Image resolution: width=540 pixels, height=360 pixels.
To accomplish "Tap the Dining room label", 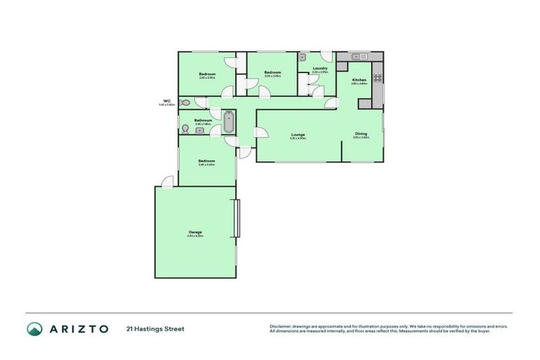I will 361,134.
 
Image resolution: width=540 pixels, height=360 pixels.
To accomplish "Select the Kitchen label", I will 359,80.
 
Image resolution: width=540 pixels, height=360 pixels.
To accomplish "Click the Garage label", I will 195,232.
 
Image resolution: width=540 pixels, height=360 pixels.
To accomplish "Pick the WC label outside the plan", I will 167,101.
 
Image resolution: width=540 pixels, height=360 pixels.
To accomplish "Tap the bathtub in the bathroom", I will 229,121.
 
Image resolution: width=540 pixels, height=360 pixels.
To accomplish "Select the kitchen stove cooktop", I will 377,79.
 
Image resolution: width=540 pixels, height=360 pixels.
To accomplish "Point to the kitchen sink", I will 356,56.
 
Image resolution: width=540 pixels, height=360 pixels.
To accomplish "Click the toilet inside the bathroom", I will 184,128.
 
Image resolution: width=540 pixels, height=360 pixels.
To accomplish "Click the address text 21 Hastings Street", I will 155,328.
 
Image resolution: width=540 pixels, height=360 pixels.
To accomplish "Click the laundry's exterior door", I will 326,56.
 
